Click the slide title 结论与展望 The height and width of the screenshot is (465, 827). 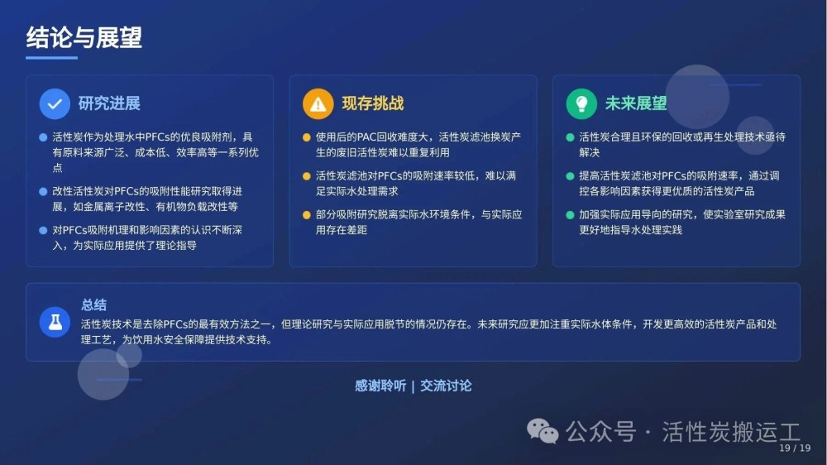click(x=84, y=37)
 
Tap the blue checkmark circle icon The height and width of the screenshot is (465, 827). click(x=55, y=104)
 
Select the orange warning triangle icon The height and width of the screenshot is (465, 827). click(x=318, y=104)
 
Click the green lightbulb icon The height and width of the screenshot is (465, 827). click(x=581, y=104)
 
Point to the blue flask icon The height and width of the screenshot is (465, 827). click(x=55, y=322)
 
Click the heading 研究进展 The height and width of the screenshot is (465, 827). click(x=109, y=103)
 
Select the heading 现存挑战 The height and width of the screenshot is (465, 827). click(x=373, y=103)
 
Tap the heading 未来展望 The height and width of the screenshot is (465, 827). click(x=636, y=103)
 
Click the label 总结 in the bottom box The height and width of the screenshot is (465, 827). click(x=94, y=304)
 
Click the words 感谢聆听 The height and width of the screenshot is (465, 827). click(x=380, y=386)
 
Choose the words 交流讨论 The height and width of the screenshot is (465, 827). click(x=446, y=386)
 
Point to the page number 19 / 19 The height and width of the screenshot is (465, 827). click(x=795, y=448)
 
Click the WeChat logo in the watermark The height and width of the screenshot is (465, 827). click(x=543, y=431)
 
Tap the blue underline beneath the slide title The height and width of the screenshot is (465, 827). click(x=51, y=58)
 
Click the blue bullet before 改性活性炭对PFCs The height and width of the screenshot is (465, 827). click(x=43, y=192)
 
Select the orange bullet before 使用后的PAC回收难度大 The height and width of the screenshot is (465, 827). click(x=307, y=137)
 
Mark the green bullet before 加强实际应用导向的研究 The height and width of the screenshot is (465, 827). click(x=570, y=215)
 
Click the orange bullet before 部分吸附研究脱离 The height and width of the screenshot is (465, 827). click(x=307, y=215)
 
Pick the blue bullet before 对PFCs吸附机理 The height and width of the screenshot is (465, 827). click(x=43, y=230)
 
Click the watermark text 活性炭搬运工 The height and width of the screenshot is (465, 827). click(x=731, y=432)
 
